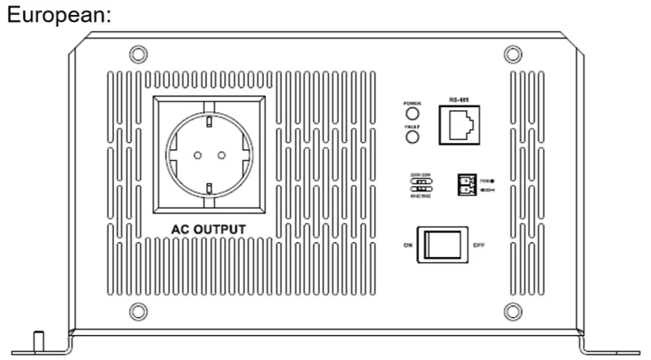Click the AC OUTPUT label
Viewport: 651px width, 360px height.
pos(208,229)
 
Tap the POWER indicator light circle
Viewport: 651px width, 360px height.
pos(411,115)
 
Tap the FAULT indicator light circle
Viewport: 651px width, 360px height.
pos(411,138)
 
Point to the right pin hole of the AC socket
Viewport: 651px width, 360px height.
pos(221,155)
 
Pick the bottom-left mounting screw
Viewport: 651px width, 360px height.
pos(137,311)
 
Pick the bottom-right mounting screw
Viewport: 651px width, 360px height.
pos(513,311)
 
